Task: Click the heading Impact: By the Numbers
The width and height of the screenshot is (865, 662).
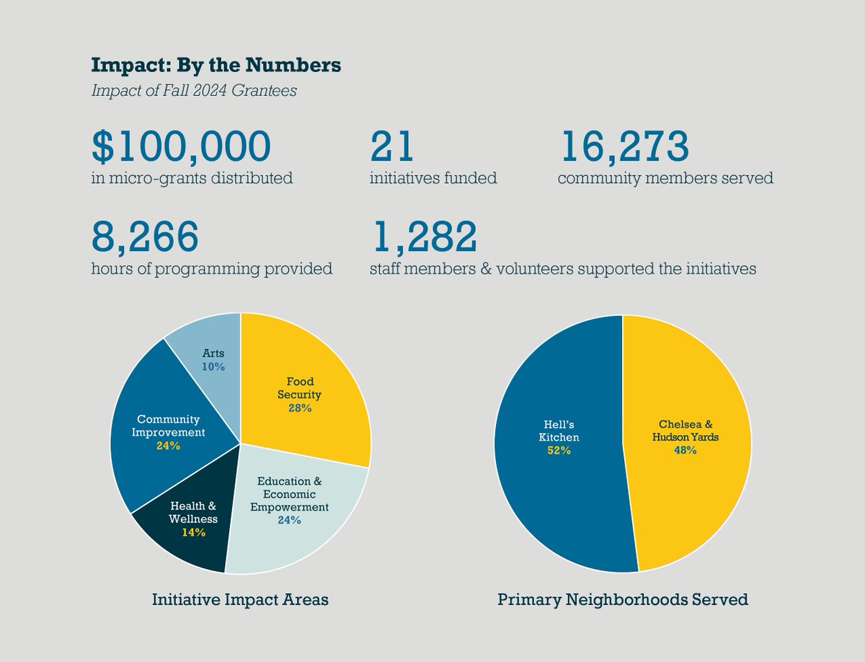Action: (x=216, y=66)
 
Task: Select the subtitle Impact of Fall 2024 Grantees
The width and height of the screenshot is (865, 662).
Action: (x=194, y=91)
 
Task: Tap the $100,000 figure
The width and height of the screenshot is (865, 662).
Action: (x=182, y=146)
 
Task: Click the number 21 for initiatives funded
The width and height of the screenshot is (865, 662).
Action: (x=392, y=146)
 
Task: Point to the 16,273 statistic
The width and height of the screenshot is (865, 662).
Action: (x=624, y=146)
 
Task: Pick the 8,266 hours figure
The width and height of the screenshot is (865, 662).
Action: (x=144, y=237)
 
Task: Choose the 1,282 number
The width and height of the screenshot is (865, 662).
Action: (x=423, y=237)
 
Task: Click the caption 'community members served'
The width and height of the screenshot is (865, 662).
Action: (x=665, y=177)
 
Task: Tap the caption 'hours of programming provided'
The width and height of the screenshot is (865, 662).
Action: (x=212, y=269)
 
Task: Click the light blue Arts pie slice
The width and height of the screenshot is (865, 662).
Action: (x=209, y=346)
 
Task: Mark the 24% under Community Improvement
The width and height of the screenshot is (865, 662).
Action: (x=168, y=446)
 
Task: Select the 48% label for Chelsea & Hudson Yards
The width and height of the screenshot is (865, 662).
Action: (x=685, y=451)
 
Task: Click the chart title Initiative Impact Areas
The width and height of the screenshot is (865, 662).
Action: (x=240, y=599)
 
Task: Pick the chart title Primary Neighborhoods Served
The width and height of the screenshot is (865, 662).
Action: (x=623, y=599)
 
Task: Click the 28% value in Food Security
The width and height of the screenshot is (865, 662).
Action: (x=299, y=408)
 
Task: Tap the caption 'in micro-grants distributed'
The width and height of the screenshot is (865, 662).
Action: (x=192, y=177)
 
